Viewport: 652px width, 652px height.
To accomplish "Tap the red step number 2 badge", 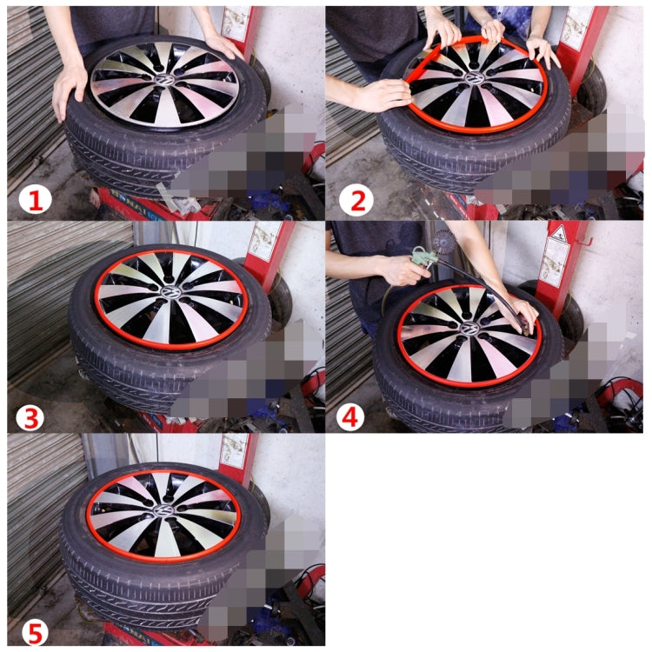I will pyautogui.click(x=356, y=202).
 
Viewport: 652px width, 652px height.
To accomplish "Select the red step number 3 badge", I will pyautogui.click(x=32, y=417).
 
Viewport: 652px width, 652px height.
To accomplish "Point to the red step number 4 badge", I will pyautogui.click(x=350, y=417).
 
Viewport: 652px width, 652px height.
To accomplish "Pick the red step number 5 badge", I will pyautogui.click(x=34, y=631).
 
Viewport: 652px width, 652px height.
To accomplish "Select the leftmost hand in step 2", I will pyautogui.click(x=383, y=94).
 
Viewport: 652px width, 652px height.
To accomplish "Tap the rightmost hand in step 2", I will pyautogui.click(x=543, y=52).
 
